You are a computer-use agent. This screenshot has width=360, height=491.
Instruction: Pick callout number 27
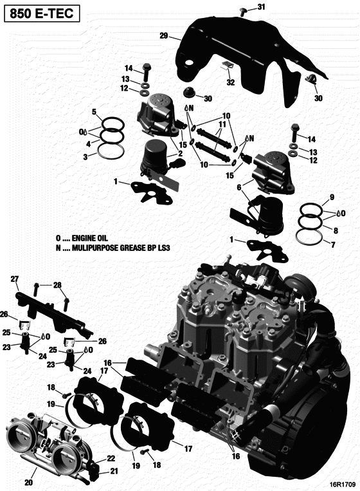click(x=15, y=279)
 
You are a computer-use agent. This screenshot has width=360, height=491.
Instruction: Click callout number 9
click(x=332, y=197)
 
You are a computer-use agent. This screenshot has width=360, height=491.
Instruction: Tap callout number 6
click(x=238, y=187)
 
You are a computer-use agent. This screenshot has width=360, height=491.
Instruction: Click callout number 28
click(x=57, y=285)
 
